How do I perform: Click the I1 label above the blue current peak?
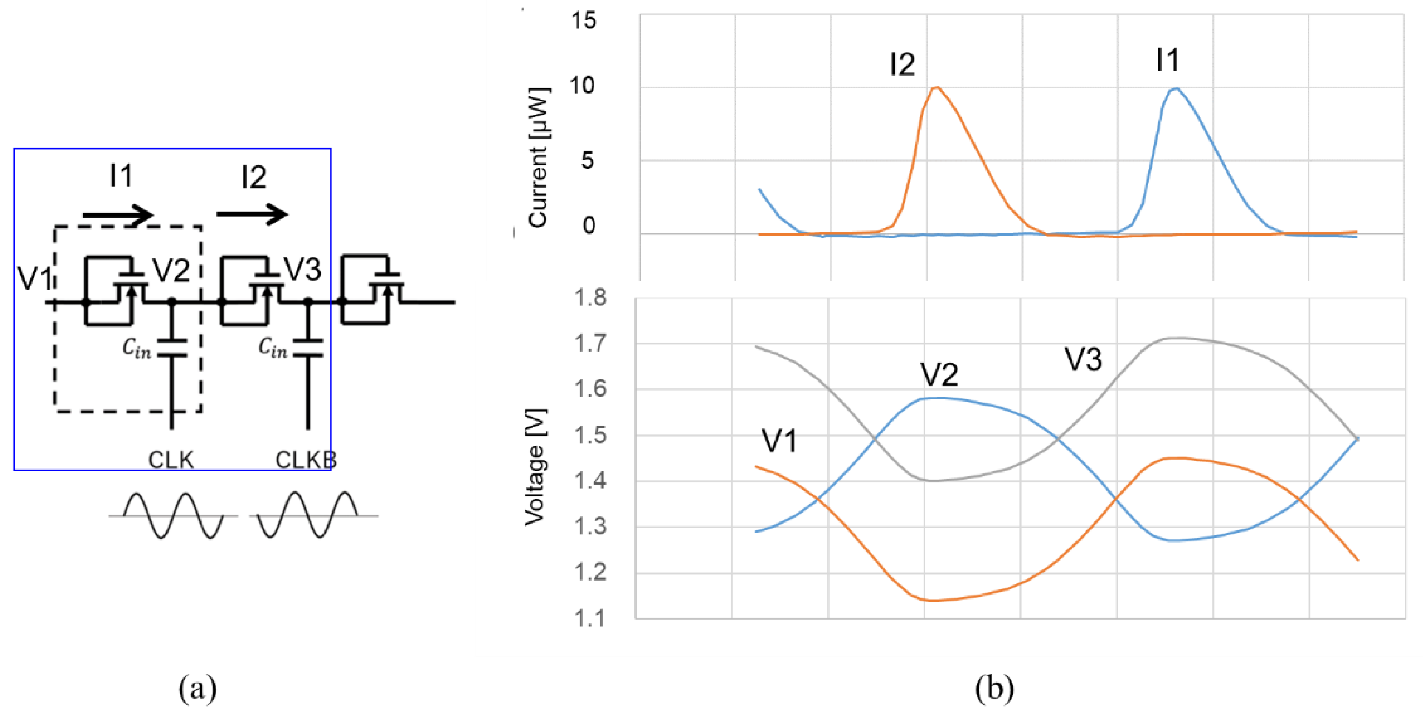tap(1168, 60)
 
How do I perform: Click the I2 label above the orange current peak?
tap(902, 65)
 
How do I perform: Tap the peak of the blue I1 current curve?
tap(1176, 88)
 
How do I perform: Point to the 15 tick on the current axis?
tap(583, 21)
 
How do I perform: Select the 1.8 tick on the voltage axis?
tap(590, 298)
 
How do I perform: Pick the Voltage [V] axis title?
tap(535, 467)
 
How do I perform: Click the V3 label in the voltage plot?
tap(1083, 359)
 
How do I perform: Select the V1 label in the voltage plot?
tap(779, 441)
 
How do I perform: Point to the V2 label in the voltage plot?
tap(939, 374)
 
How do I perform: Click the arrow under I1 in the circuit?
tap(118, 215)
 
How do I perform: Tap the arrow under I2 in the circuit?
tap(252, 214)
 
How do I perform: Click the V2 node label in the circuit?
tap(171, 271)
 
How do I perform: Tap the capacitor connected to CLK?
tap(172, 347)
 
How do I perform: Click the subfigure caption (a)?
tap(197, 689)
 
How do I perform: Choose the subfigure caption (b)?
tap(994, 689)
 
